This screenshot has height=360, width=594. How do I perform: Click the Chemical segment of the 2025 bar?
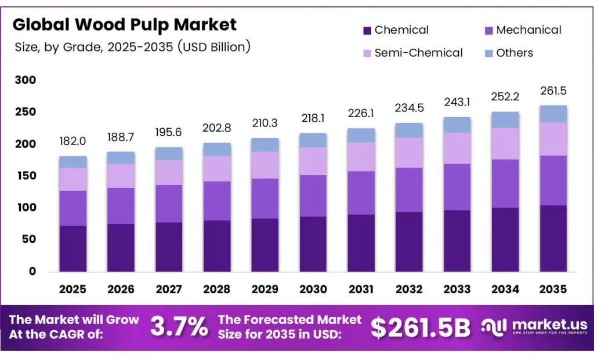tap(73, 248)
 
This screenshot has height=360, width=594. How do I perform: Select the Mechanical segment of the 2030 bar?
tap(313, 195)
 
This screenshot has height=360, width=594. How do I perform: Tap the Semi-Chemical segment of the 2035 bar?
tap(552, 139)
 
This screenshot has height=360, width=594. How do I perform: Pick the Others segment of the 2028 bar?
tap(217, 149)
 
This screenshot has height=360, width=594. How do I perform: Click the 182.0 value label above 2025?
tap(73, 141)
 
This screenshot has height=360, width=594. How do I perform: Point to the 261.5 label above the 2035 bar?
tap(552, 91)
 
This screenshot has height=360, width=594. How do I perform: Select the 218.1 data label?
tap(313, 118)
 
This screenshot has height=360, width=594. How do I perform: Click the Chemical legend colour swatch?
tap(367, 30)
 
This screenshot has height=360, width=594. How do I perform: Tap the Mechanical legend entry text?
tap(528, 30)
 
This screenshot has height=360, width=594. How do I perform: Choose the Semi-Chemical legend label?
tap(418, 53)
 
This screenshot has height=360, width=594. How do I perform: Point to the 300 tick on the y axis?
tap(25, 80)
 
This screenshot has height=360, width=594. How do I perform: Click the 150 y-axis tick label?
tap(25, 176)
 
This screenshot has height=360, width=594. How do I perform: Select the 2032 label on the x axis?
tap(408, 289)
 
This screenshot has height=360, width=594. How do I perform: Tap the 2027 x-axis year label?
tap(169, 289)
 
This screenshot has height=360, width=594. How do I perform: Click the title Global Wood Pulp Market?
tap(125, 25)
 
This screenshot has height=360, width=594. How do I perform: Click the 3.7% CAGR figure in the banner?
tap(179, 328)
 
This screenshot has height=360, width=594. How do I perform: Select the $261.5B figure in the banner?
tap(421, 328)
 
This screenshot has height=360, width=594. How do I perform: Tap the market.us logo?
tap(534, 327)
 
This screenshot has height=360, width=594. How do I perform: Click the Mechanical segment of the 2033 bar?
tap(457, 187)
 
